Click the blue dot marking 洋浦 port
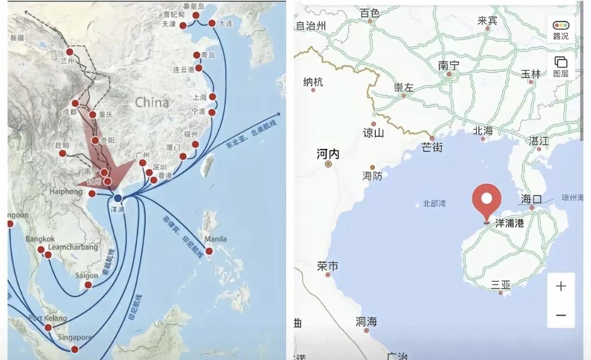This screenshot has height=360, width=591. coord(118,198)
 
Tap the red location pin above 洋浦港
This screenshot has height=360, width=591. coord(486,201)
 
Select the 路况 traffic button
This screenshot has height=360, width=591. coord(561,30)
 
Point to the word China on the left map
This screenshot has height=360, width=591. coord(152,102)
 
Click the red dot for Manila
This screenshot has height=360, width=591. coord(209,251)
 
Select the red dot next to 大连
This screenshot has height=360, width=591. coord(212,23)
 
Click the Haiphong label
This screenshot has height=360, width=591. coord(66,191)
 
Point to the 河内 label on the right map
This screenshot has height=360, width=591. coord(328,154)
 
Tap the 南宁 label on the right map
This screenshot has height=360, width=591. coord(449,65)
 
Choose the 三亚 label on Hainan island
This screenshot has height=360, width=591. coord(501,284)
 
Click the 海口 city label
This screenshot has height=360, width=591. coord(531,199)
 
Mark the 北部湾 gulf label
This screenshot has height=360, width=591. coord(434,204)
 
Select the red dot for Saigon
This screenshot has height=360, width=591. coord(88,285)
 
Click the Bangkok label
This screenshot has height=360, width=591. coord(40,239)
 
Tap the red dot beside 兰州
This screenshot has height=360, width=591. coord(69,52)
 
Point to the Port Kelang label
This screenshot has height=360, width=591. coord(48,318)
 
